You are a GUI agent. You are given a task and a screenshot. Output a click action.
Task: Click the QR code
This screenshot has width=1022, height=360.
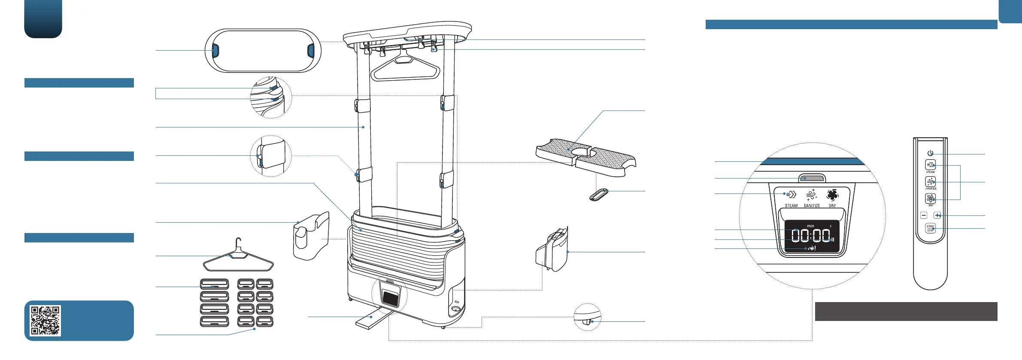coord(45,320)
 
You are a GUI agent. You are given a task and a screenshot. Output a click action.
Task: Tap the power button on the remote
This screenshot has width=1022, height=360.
coord(930,153)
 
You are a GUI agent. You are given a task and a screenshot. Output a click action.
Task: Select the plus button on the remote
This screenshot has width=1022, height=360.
coord(937,215)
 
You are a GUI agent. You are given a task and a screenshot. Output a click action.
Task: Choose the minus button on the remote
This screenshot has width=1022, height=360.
coord(924,215)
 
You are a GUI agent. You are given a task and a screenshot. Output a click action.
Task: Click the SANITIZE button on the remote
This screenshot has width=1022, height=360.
coord(930,182)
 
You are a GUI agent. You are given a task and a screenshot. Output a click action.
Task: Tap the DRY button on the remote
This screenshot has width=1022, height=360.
coord(930,198)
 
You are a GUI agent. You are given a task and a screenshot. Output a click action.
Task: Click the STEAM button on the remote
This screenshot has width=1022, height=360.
coord(930,165)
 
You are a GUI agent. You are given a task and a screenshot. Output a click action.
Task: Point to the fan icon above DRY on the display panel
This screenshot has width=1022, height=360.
coord(832,195)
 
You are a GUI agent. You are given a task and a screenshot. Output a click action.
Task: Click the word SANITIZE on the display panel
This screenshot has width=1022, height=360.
coord(812,206)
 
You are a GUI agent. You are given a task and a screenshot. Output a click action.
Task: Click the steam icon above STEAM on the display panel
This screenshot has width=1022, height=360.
coord(791,195)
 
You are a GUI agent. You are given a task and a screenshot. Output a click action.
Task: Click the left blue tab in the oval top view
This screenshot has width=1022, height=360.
coord(215,51)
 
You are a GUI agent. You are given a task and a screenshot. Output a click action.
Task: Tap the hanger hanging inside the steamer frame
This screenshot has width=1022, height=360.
coord(405,68)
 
